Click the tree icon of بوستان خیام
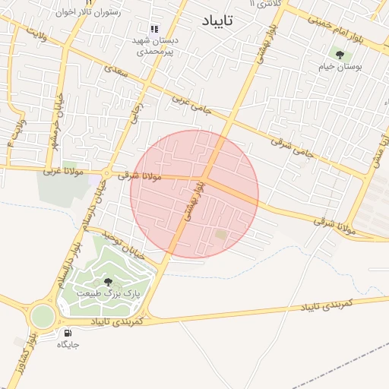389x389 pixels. tap(339, 54)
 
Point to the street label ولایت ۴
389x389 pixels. tap(17, 131)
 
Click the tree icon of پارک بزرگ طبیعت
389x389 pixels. tap(106, 282)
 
